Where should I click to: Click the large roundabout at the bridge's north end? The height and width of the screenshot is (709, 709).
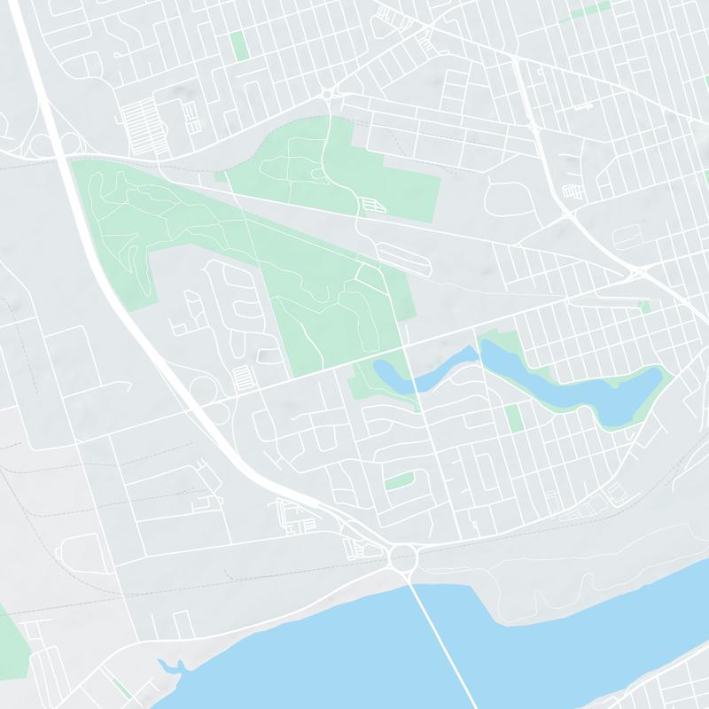click(x=403, y=558)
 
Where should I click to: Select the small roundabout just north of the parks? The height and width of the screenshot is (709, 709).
click(x=326, y=94)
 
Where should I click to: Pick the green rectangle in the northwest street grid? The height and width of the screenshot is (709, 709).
click(x=238, y=45)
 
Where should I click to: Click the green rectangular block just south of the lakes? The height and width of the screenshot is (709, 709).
click(x=513, y=417)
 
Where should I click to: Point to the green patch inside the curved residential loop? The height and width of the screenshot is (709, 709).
click(x=400, y=481)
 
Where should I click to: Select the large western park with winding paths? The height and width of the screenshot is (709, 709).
click(x=124, y=213)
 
